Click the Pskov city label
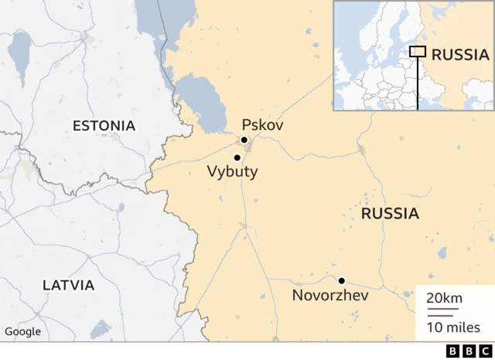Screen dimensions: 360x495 262,125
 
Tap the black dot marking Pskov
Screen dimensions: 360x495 244,140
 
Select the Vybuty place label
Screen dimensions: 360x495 232,172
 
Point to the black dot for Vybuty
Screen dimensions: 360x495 237,157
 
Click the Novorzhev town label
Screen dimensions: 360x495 330,295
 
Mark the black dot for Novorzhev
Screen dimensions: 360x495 341,280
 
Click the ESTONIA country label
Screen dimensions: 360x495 104,125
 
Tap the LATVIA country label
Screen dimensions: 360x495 68,285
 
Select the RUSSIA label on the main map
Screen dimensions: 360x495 390,214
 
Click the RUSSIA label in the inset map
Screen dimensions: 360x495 460,54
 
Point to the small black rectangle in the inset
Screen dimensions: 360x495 418,51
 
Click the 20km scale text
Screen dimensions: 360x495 444,299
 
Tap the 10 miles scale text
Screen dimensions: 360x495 453,327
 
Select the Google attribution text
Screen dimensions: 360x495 22,331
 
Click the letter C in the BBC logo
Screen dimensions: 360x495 482,351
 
